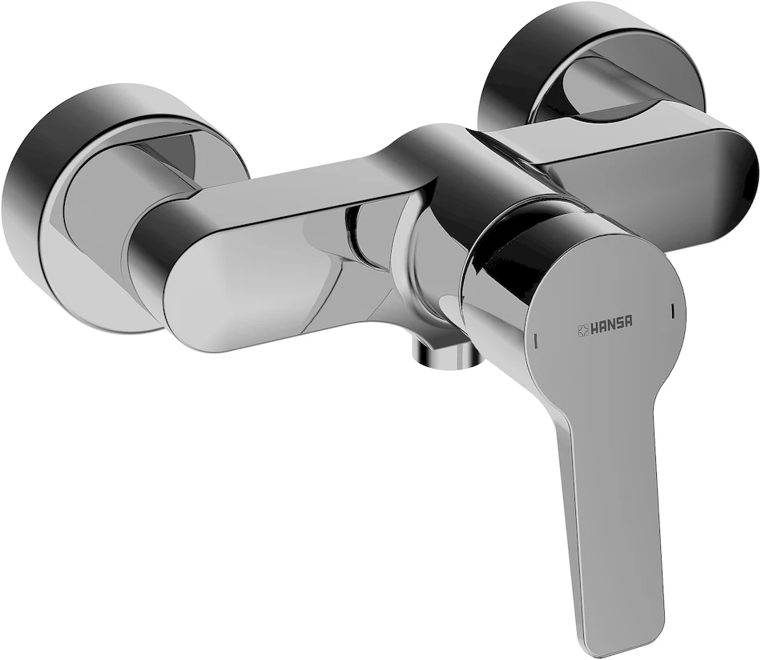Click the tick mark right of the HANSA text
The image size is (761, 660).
(672, 312)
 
